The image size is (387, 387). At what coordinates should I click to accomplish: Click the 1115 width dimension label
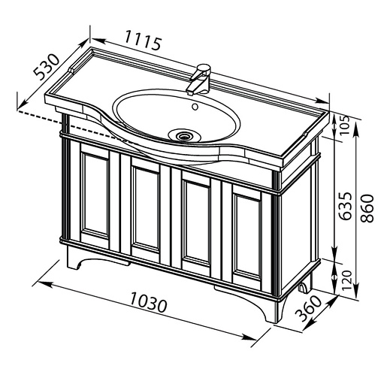click(143, 40)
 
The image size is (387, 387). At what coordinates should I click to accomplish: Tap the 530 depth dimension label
click(47, 67)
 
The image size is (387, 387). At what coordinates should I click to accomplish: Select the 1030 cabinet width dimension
click(149, 303)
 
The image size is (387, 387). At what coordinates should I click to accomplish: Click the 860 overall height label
click(367, 208)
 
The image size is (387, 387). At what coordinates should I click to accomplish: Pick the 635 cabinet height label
click(346, 206)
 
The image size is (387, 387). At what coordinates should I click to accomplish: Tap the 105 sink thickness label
click(345, 125)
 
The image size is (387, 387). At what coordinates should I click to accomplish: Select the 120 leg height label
click(347, 280)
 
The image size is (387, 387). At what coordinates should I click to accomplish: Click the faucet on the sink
click(199, 79)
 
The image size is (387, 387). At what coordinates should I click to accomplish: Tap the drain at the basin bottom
click(185, 136)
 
